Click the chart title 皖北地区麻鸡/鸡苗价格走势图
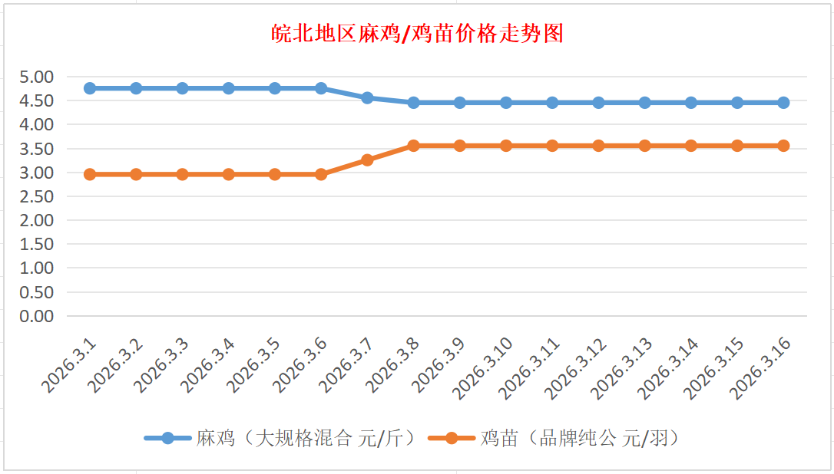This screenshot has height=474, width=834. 418,34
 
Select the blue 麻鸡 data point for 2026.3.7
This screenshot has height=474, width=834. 367,97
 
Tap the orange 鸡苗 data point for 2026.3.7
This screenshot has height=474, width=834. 367,160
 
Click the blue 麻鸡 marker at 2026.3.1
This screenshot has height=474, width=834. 90,88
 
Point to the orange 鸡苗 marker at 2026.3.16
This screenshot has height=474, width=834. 783,146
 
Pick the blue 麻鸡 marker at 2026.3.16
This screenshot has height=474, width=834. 783,103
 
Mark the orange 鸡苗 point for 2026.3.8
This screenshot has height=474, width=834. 413,146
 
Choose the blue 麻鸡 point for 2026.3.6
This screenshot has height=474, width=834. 321,88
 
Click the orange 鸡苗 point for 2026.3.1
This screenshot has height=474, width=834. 90,174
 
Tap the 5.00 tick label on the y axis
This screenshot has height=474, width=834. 37,77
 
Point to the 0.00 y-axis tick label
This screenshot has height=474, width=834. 37,316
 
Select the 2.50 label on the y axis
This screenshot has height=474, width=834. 37,196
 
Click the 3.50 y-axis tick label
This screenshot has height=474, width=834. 37,148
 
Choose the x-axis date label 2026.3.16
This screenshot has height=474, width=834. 761,368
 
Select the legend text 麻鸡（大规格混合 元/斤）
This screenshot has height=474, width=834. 306,438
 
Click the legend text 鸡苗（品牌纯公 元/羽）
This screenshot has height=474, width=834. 580,438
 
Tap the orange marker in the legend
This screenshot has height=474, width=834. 451,438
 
